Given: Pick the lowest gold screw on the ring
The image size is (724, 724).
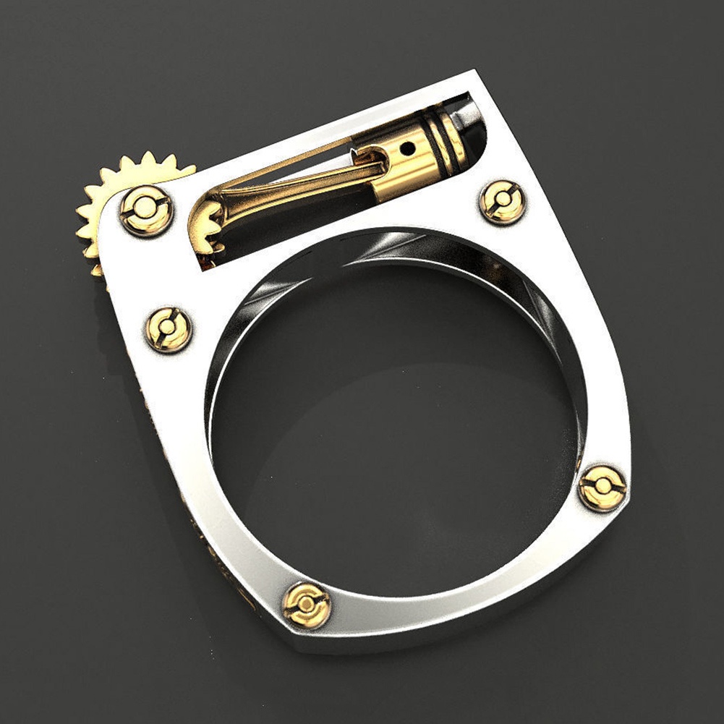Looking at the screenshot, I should coord(306,604).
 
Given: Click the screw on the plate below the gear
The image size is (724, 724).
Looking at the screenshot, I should coord(169,330).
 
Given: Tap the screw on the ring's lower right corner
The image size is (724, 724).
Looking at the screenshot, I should coord(602,488).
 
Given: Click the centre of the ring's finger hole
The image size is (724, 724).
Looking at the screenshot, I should coord(394,427).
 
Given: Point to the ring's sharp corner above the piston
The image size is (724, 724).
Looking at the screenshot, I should coord(473,72).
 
